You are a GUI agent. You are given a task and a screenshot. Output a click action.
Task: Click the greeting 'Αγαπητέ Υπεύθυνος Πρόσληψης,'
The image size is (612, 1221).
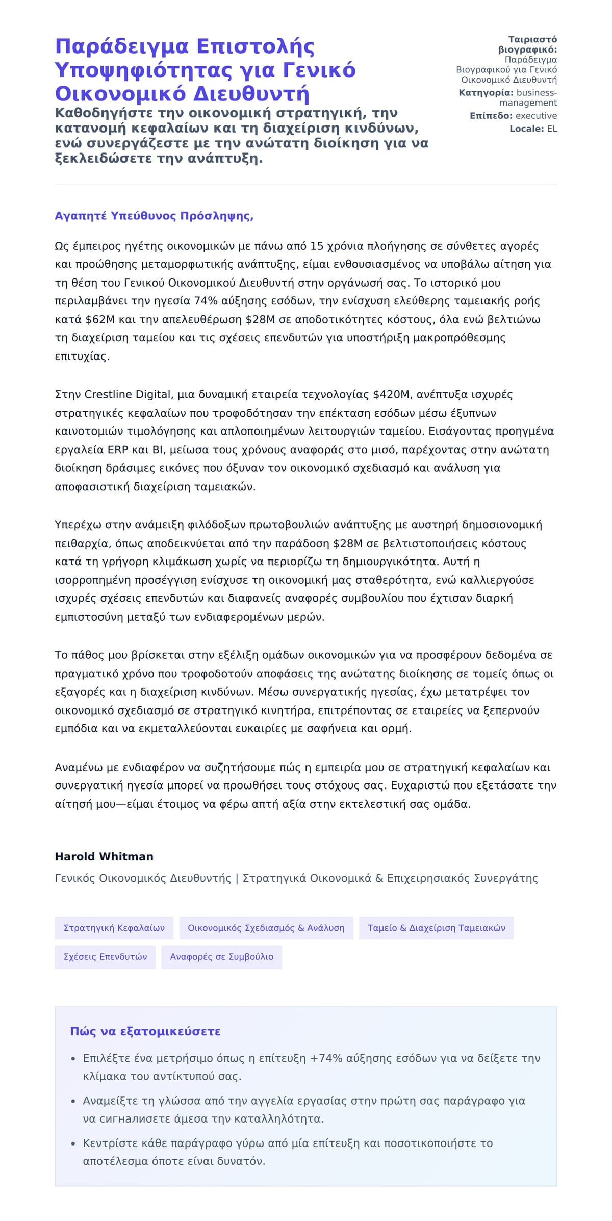click(x=154, y=216)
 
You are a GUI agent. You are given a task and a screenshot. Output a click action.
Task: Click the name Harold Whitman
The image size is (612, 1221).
click(x=104, y=856)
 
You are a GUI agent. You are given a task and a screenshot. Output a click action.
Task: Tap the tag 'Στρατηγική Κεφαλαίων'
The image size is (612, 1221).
click(x=114, y=928)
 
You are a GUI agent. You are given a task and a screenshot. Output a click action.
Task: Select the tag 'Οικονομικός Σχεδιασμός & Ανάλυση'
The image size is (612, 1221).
click(x=266, y=928)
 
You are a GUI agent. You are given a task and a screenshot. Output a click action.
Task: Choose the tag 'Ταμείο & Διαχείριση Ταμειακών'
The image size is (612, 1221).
click(x=436, y=928)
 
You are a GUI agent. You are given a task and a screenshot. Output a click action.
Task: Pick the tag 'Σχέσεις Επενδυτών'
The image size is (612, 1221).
click(x=105, y=957)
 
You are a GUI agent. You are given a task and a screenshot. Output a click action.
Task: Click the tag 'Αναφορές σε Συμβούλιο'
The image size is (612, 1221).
click(x=221, y=957)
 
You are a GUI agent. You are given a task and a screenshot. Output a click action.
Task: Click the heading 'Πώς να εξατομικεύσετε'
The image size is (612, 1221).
click(x=145, y=1031)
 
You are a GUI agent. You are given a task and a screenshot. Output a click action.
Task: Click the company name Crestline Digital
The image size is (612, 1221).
click(x=127, y=394)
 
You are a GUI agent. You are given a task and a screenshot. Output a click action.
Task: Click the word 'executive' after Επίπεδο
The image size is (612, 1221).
click(x=536, y=116)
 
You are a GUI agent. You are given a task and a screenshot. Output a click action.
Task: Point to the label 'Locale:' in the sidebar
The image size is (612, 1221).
click(x=527, y=129)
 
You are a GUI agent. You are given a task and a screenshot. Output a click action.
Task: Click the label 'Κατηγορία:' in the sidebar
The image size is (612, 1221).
click(x=486, y=93)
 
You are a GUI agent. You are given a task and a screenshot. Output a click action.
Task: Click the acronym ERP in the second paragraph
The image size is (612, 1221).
click(x=118, y=450)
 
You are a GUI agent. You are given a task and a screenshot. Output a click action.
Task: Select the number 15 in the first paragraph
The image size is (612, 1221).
click(x=317, y=246)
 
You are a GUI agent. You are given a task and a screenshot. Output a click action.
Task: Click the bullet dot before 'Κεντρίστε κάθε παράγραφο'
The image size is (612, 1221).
click(x=73, y=1143)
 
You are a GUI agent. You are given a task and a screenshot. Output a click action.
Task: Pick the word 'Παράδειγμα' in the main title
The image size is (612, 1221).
click(x=121, y=46)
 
